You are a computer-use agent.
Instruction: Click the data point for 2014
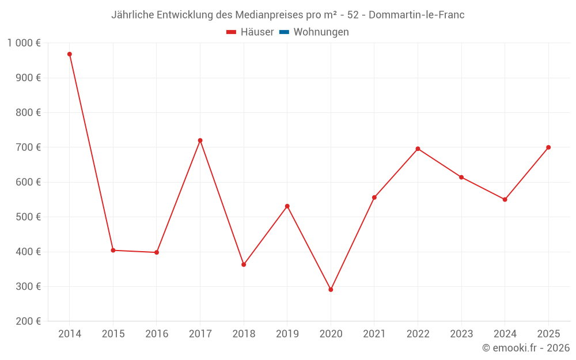(70, 54)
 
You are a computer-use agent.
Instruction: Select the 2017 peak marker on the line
(200, 141)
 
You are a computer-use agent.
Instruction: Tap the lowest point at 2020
(331, 290)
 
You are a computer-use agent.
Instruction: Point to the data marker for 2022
(418, 149)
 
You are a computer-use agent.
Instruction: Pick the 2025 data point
(548, 147)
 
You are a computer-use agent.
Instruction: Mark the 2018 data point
(244, 264)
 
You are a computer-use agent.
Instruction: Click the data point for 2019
(287, 206)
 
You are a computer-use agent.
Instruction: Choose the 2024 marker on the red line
(505, 199)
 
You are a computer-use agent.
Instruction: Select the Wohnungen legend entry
(321, 32)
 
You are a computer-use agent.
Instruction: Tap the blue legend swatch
(284, 32)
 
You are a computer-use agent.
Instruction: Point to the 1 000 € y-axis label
(24, 43)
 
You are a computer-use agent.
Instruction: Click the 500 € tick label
(29, 217)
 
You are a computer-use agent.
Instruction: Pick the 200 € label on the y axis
(29, 321)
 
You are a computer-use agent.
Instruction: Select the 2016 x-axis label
(157, 334)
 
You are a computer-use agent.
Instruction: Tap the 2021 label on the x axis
(374, 334)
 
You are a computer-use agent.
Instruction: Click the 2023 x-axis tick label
(461, 334)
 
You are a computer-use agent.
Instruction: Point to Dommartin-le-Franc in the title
(416, 15)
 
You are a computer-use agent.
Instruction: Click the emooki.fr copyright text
(526, 348)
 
